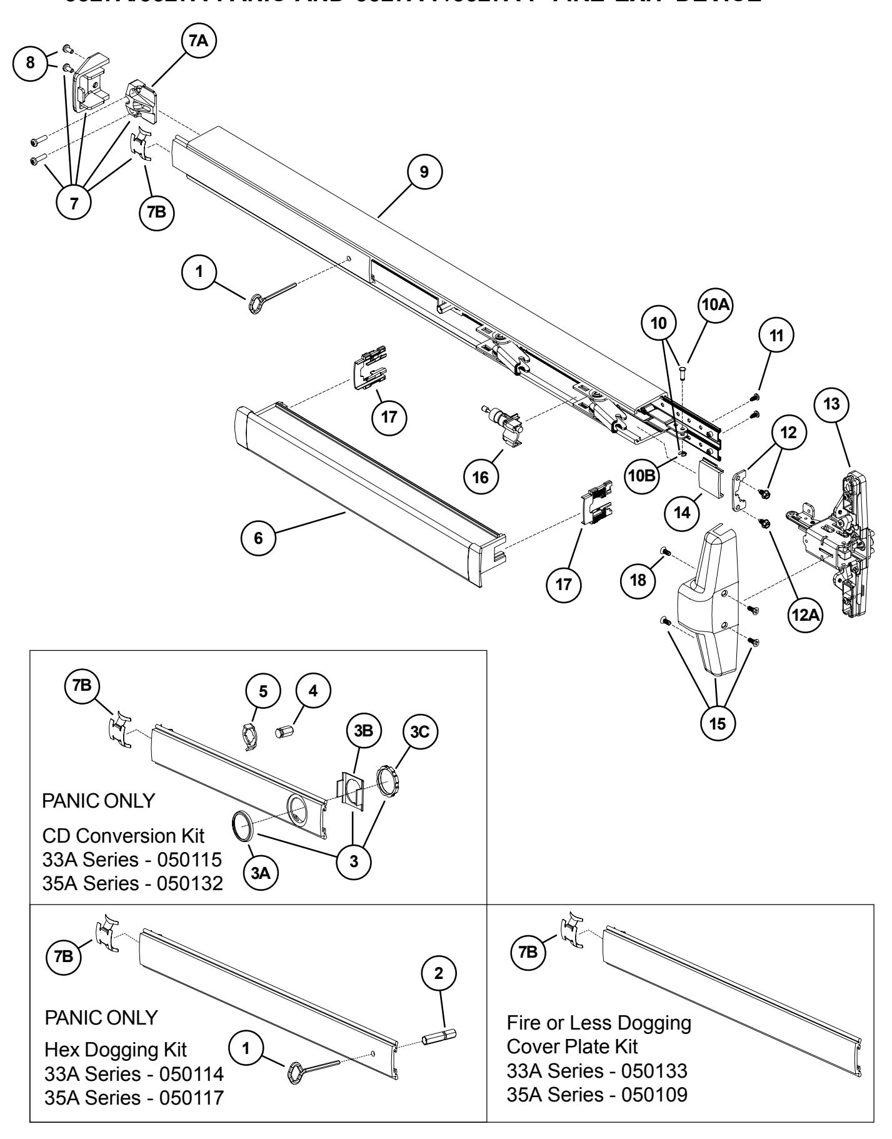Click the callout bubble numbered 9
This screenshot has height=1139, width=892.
[x=424, y=172]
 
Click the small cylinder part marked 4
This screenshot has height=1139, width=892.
[x=285, y=730]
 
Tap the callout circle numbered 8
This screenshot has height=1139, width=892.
[x=28, y=65]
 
